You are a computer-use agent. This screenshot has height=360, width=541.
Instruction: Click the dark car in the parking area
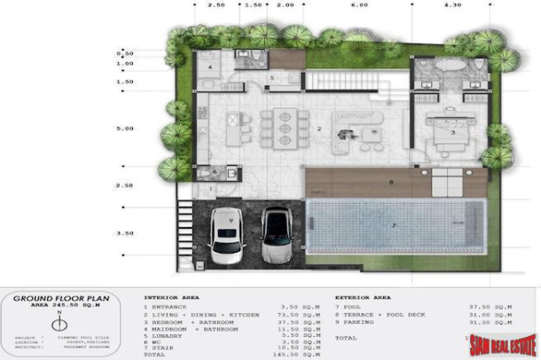pyautogui.click(x=277, y=236)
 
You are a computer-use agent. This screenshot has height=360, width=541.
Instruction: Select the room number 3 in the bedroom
pyautogui.click(x=453, y=131)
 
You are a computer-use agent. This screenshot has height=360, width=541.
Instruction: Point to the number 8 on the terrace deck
pyautogui.click(x=390, y=183)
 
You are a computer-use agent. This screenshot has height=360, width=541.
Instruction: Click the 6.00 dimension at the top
pyautogui.click(x=358, y=5)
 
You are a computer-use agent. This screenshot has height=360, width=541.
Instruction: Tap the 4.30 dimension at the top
pyautogui.click(x=452, y=5)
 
